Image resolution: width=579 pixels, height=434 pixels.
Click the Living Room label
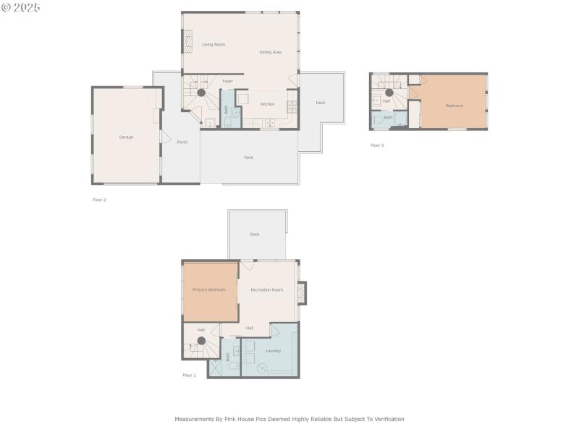(214, 45)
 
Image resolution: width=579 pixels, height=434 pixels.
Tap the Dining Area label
(271, 52)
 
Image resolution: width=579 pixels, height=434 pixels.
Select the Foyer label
(227, 81)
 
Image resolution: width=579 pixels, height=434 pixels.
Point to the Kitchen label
(267, 104)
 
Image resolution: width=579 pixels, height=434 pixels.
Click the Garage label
(126, 137)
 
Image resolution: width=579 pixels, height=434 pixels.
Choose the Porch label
(182, 142)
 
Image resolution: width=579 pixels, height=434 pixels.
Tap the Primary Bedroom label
(208, 289)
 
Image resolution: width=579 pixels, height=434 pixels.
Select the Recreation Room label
(266, 289)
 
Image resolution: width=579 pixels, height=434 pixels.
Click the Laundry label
(273, 351)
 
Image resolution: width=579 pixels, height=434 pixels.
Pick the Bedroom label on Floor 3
(454, 106)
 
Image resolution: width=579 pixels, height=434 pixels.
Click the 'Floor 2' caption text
(99, 200)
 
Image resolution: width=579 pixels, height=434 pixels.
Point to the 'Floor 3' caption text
(377, 145)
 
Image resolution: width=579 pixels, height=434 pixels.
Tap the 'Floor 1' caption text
(189, 375)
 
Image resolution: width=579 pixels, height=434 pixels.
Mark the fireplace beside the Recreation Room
(302, 292)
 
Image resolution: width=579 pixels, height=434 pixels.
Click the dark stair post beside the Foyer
(201, 93)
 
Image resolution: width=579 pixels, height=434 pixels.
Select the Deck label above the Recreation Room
(255, 234)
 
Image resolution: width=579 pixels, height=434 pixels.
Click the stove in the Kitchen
(292, 107)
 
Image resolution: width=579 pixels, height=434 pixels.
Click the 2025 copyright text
(21, 7)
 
